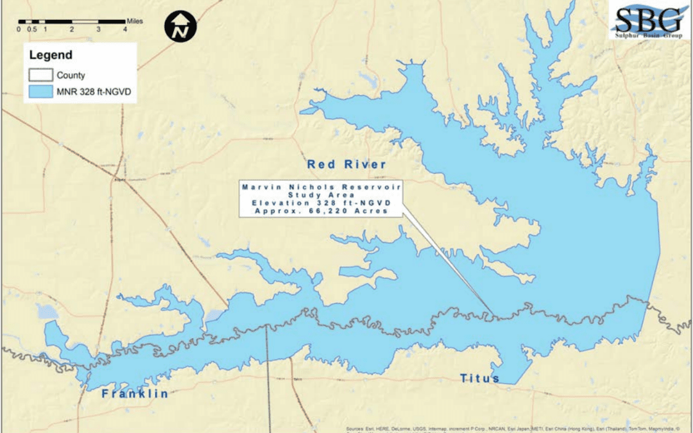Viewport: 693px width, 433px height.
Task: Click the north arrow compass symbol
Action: click(180, 26)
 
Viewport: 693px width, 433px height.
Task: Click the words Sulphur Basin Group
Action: click(649, 35)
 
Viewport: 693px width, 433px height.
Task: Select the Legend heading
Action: click(51, 56)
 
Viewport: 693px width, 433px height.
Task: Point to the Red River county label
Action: click(346, 165)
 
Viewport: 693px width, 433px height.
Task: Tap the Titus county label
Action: click(479, 378)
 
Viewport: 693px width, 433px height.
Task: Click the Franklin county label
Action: click(135, 393)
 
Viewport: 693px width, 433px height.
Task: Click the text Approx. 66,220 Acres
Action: click(321, 211)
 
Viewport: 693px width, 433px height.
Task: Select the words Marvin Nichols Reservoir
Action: click(321, 186)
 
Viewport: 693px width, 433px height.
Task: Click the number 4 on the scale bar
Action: click(125, 30)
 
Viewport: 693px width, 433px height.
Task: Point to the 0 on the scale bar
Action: click(19, 30)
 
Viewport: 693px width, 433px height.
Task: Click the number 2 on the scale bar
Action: click(72, 30)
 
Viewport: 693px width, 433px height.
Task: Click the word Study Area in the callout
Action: click(321, 194)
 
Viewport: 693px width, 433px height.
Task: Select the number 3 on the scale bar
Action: click(98, 30)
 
